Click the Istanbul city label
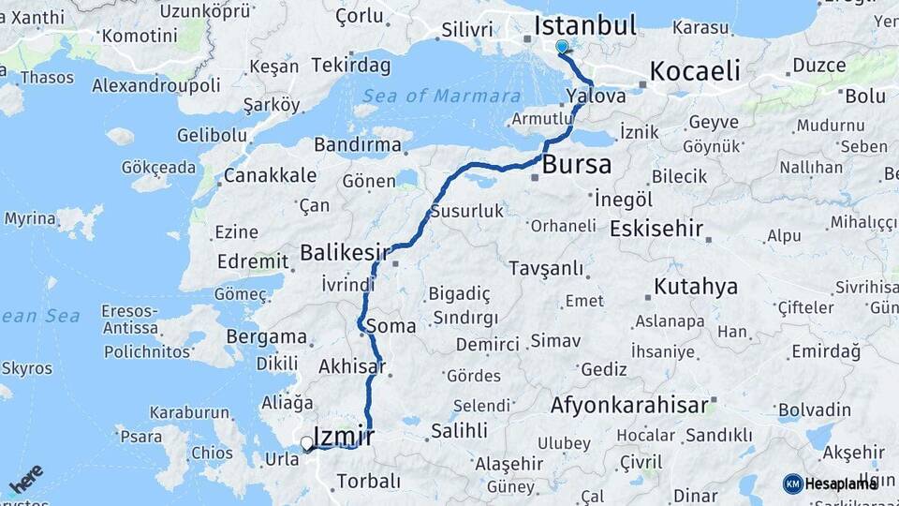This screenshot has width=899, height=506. point(585,24)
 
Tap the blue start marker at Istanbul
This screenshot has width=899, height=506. point(562,46)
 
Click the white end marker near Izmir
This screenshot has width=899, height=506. point(307,442)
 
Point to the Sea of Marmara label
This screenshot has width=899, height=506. point(441,96)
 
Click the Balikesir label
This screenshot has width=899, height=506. point(344,252)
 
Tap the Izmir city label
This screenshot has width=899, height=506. point(344,436)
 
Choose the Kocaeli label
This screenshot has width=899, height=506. point(694,70)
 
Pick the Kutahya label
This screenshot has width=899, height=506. point(696,287)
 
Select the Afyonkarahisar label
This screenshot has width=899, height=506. point(628,406)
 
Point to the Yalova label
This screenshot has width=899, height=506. point(597,97)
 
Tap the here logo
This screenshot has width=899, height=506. point(25,479)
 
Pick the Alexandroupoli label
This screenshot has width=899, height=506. point(156,85)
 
